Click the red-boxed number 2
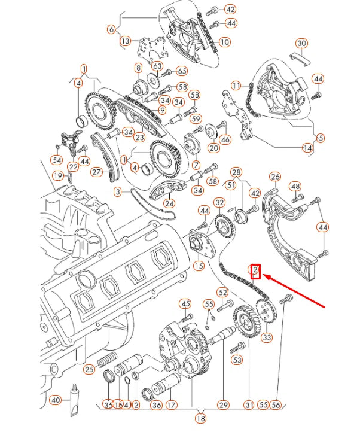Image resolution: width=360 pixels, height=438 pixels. point(255,272)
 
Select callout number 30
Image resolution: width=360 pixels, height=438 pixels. point(301,43)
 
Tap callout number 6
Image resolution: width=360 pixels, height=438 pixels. point(111,29)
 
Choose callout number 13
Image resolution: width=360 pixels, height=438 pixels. point(125,41)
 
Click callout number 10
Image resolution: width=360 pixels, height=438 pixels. point(224,42)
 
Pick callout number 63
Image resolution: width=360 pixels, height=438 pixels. point(157,66)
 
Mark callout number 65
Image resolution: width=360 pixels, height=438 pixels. point(182,71)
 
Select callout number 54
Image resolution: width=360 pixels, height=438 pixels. point(56,160)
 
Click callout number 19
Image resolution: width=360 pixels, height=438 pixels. point(58,175)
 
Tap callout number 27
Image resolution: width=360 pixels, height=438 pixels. point(97,172)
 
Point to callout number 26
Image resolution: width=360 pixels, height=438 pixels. point(275,177)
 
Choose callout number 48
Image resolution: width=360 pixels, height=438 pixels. point(295,187)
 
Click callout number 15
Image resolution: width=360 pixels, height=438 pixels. point(199,266)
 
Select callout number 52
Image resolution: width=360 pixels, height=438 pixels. point(223,292)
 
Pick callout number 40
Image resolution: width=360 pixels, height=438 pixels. point(56,400)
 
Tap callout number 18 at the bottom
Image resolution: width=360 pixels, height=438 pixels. point(200,419)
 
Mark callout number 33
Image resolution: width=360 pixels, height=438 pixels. point(267,338)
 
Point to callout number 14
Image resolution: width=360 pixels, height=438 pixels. point(307,148)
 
